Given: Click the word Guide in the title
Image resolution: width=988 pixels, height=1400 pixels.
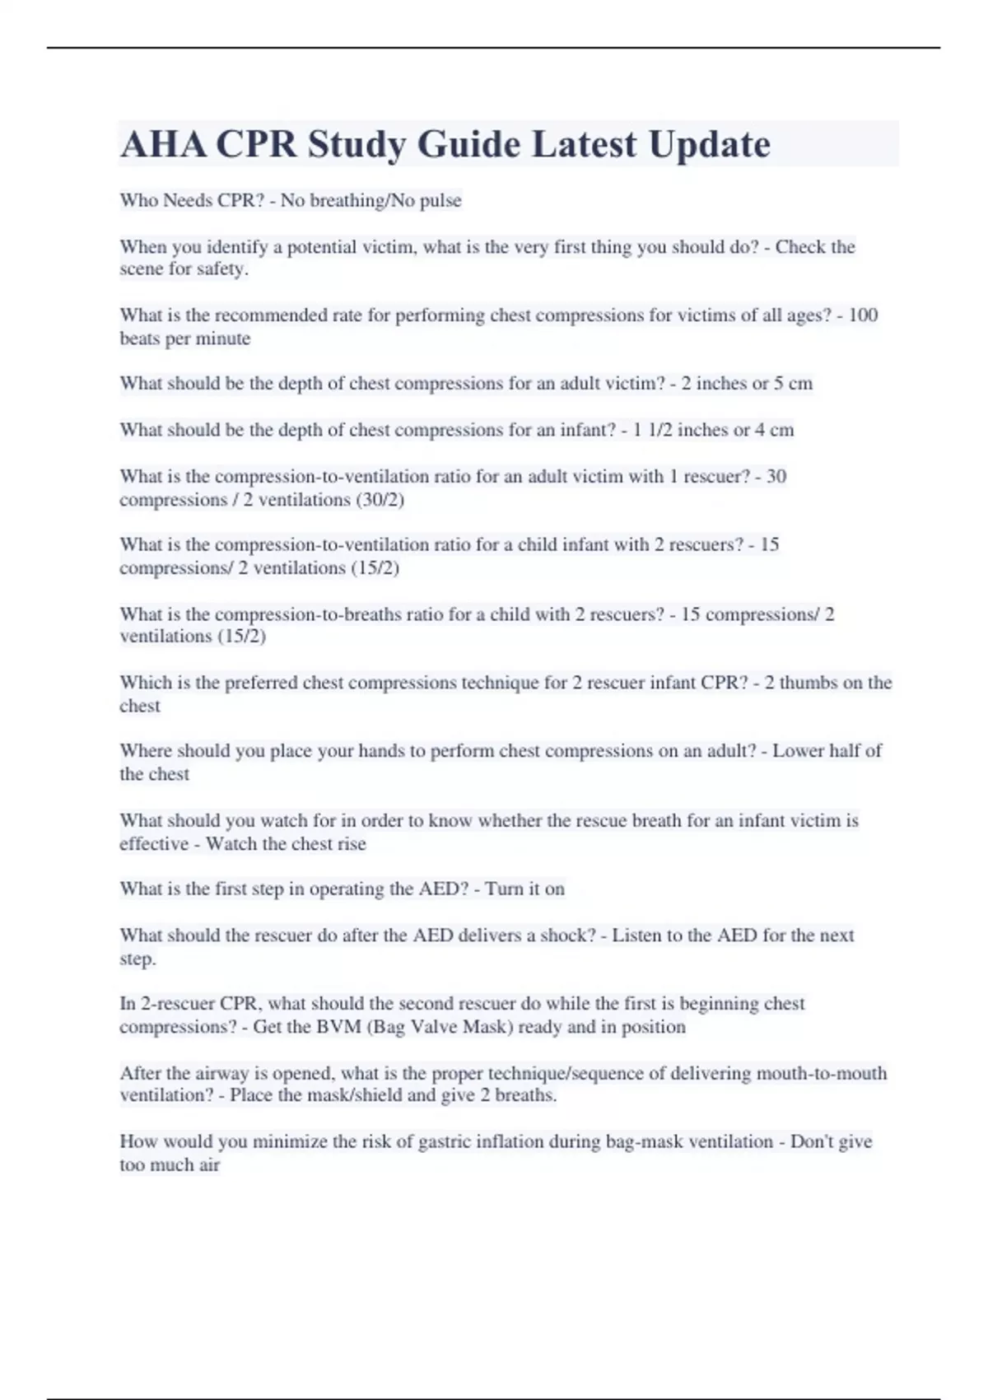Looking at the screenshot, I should pos(468,144).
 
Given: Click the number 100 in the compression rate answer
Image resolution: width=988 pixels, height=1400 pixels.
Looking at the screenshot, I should pos(863,315).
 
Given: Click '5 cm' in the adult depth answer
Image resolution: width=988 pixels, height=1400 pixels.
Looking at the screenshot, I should pos(793,384).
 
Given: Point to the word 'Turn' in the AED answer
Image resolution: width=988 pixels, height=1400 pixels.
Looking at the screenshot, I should pos(503,889).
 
